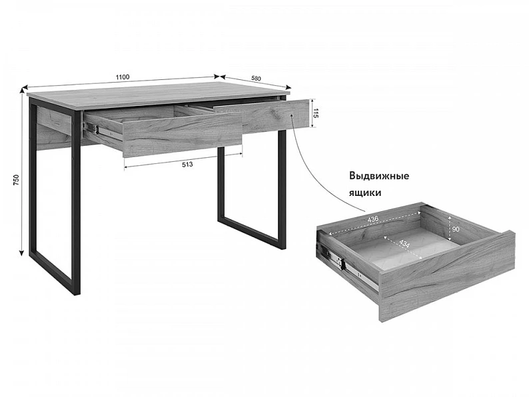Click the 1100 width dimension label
[123, 77]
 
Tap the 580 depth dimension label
[256, 78]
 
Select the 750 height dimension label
[16, 181]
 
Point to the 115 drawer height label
[316, 113]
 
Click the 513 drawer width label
[187, 165]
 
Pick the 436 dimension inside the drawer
[373, 219]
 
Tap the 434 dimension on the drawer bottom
[404, 244]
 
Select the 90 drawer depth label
[456, 229]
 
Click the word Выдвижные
[379, 176]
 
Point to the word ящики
[365, 193]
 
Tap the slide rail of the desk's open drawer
[103, 131]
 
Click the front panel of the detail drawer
[446, 276]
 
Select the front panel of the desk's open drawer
[183, 135]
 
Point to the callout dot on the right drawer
[291, 115]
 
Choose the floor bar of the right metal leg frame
[252, 232]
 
